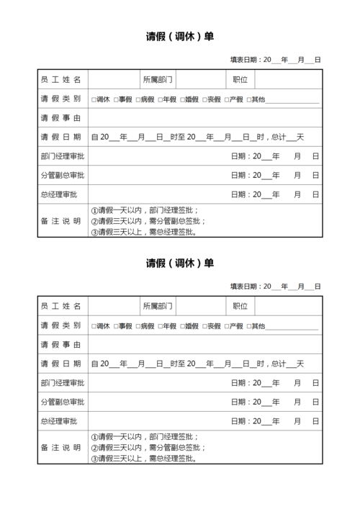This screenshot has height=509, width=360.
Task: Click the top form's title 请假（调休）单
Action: (180, 36)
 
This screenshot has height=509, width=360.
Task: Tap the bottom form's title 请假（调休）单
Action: (180, 263)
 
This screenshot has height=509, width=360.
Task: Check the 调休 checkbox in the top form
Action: (94, 99)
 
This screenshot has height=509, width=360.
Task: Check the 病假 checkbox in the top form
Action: (138, 99)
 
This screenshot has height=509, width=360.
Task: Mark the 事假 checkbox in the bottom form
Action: (116, 326)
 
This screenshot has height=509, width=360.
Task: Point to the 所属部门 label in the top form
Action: (158, 79)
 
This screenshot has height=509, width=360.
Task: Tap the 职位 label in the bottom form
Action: (240, 306)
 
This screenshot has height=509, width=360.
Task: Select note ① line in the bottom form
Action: (144, 437)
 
